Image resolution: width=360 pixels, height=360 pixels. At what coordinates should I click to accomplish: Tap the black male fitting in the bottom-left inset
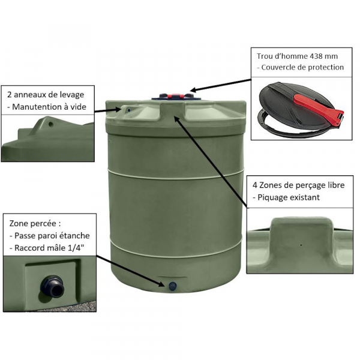click(x=52, y=286)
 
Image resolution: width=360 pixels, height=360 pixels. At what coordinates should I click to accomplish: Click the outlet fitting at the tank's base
click(x=172, y=286)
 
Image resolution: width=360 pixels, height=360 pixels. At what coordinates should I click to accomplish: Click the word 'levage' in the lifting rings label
click(x=71, y=95)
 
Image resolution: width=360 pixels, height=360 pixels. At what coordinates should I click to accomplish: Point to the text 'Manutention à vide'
click(x=49, y=107)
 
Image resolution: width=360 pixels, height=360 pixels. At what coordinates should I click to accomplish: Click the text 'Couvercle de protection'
click(x=302, y=67)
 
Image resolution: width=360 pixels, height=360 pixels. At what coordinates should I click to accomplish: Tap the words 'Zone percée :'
click(x=35, y=223)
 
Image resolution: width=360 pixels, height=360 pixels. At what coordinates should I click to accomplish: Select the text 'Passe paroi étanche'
click(x=52, y=236)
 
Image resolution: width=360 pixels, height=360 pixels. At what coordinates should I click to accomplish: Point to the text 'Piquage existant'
click(x=289, y=197)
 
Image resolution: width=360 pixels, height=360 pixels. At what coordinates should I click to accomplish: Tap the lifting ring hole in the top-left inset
click(x=51, y=125)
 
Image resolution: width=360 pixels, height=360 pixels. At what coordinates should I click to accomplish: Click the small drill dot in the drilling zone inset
click(x=301, y=245)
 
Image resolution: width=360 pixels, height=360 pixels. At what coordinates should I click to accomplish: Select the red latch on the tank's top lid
click(x=176, y=96)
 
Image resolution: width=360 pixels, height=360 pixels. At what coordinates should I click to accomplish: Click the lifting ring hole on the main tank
click(x=129, y=110)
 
